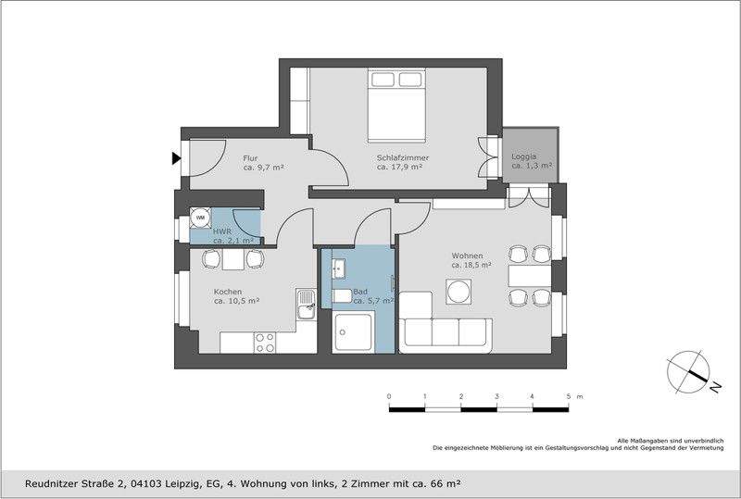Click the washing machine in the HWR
pos(200,218)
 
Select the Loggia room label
pos(523,156)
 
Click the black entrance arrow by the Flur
pos(176,158)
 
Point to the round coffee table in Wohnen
pos(459,291)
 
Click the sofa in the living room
pos(445,324)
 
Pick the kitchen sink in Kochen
pos(305,304)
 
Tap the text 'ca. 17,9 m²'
pos(399,168)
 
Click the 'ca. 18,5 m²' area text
pos(471,265)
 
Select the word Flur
pos(251,157)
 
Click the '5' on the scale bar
pos(568,396)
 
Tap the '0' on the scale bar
pos(389,396)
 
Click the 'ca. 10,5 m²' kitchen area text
pos(236,301)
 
